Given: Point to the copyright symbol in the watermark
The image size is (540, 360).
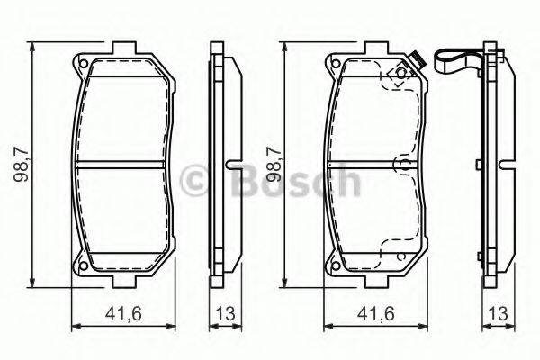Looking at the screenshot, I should pos(195,183).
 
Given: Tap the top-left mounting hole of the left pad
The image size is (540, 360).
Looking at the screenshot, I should pos(81,66).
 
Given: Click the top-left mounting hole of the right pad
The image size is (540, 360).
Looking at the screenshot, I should pos(335,66).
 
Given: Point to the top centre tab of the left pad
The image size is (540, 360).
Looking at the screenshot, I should pos(120,48).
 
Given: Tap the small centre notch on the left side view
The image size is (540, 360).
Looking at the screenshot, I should pos(229,166).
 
